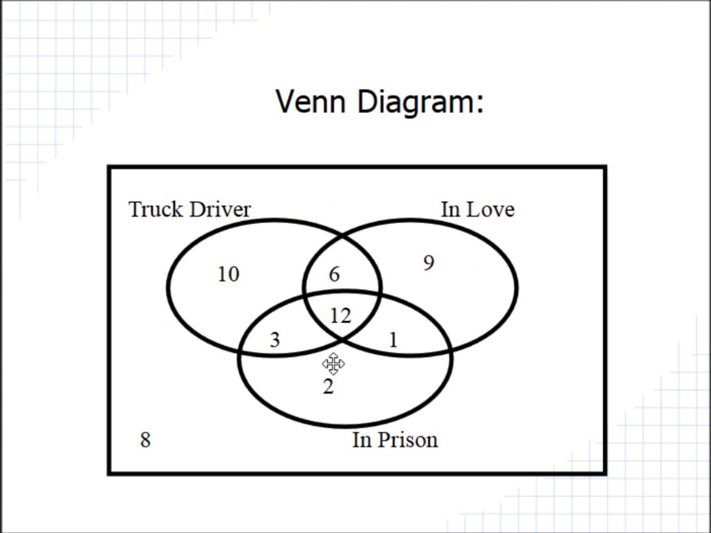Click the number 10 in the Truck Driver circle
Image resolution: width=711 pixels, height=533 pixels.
pos(229,274)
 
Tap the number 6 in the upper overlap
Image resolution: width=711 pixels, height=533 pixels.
pos(335,274)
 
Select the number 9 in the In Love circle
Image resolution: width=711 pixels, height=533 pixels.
pos(429,263)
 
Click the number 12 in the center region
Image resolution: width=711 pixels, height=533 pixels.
pos(340,316)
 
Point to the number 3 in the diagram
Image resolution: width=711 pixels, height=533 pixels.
pos(275,340)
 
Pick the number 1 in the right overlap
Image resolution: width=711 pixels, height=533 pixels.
pos(393,340)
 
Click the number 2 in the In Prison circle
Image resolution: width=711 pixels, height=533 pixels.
pos(328,386)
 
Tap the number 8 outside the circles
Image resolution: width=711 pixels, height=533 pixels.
pos(146,440)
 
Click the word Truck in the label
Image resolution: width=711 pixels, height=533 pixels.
pos(156,209)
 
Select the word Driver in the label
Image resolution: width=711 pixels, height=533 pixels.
pos(220,209)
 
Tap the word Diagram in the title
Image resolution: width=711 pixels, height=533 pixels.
pos(414,103)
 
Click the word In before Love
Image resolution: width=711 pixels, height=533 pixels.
pos(451,209)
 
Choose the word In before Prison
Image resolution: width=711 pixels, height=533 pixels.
pos(362,440)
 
